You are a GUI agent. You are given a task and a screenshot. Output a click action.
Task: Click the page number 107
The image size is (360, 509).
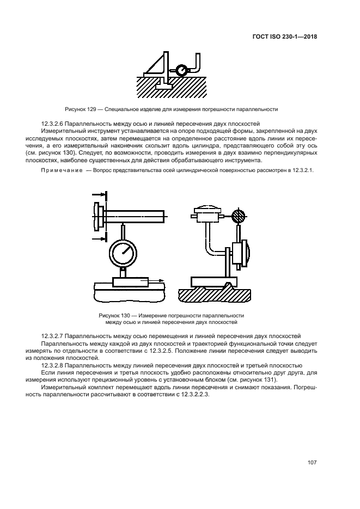[312, 463]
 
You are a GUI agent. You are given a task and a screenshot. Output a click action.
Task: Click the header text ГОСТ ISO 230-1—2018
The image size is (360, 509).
[286, 37]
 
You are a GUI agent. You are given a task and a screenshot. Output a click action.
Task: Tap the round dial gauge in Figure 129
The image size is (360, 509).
[180, 70]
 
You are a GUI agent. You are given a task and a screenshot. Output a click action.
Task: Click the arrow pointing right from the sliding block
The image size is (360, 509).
[157, 281]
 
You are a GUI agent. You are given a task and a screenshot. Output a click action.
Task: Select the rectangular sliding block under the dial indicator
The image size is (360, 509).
[130, 281]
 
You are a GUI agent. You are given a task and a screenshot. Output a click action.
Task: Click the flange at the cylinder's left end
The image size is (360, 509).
[97, 216]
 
